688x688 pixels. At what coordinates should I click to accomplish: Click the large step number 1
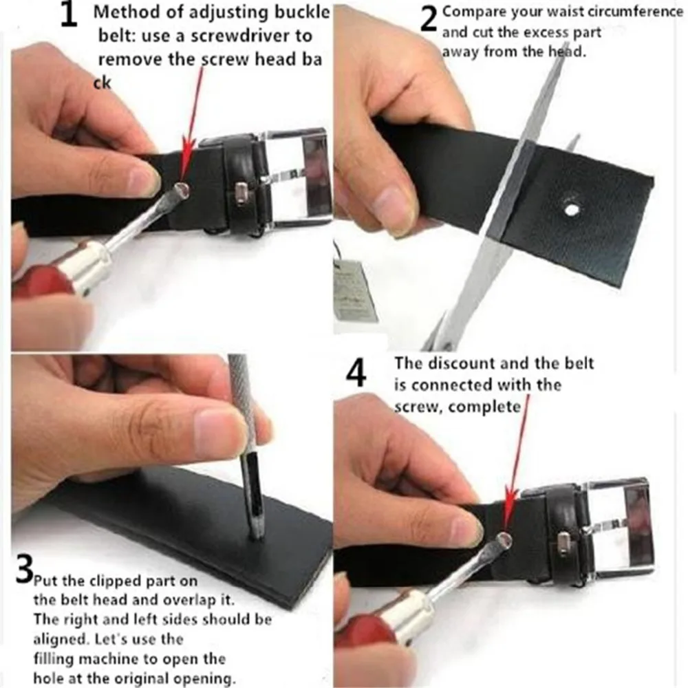click(68, 16)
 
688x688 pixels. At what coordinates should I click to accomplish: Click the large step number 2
click(428, 19)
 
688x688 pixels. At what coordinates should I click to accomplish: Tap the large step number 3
click(23, 569)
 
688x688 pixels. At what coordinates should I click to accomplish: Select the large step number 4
click(356, 374)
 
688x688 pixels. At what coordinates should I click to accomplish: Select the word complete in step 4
click(484, 407)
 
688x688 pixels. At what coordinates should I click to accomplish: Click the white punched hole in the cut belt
click(570, 210)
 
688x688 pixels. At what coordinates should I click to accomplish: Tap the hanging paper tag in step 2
click(354, 291)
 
